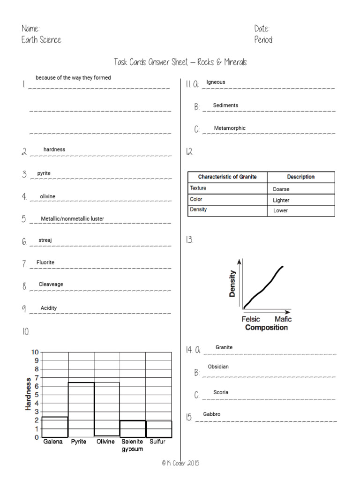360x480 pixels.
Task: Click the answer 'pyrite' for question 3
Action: click(x=44, y=173)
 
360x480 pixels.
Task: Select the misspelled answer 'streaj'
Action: click(x=45, y=240)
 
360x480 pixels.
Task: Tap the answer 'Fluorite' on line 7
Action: click(x=45, y=262)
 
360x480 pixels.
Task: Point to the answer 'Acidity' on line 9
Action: click(x=49, y=308)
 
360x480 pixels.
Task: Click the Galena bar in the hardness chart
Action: click(x=55, y=427)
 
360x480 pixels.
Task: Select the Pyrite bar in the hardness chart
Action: click(x=81, y=410)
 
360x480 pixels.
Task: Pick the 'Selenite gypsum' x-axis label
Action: click(x=132, y=445)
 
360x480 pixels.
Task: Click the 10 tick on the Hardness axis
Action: click(x=35, y=352)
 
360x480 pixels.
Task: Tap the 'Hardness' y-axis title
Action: click(x=28, y=394)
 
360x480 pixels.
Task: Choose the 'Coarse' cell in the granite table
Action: click(x=281, y=189)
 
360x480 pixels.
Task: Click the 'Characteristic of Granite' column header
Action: click(x=227, y=177)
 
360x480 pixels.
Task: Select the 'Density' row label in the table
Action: click(x=198, y=210)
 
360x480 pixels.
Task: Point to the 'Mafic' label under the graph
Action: click(x=283, y=319)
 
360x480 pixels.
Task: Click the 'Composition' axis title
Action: click(x=266, y=328)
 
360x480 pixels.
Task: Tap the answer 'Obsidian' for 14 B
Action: click(x=218, y=367)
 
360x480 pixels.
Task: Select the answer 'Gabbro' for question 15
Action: click(x=211, y=414)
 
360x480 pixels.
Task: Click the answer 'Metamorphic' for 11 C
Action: click(x=230, y=128)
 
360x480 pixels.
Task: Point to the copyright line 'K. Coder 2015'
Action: click(x=180, y=463)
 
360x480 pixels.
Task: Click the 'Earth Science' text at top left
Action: click(x=41, y=40)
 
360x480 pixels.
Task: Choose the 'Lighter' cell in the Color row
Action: click(x=281, y=200)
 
